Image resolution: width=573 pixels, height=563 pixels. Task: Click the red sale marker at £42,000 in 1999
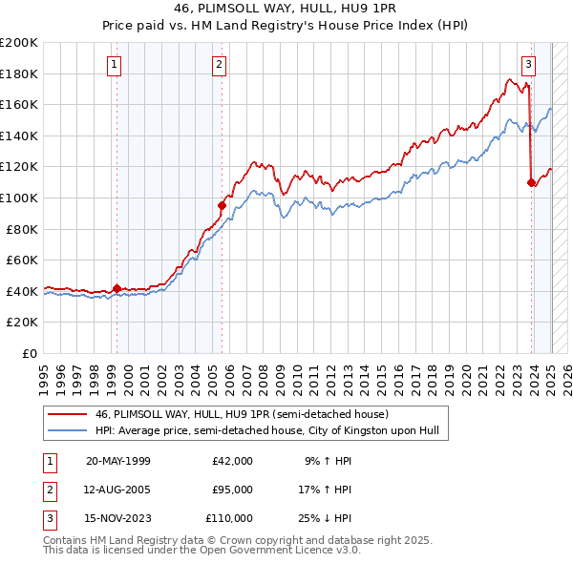tap(117, 288)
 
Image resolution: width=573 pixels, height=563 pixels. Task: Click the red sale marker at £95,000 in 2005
tap(222, 205)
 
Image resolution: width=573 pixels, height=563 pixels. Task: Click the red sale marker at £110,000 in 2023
tap(531, 182)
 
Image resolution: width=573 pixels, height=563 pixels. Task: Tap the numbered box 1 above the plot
tap(114, 65)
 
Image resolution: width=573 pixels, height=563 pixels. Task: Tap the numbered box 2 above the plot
tap(219, 65)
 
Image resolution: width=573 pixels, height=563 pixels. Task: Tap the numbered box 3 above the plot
tap(528, 65)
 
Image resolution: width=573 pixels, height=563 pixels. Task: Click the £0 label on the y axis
tap(31, 353)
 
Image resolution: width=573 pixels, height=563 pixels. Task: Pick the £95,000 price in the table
tap(232, 490)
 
